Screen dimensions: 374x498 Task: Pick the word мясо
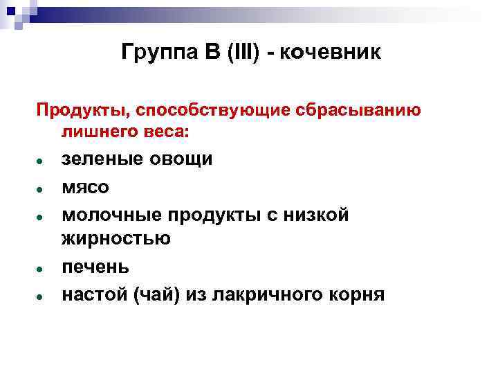[85, 187]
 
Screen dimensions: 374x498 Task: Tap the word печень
[95, 267]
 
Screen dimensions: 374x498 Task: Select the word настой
[93, 294]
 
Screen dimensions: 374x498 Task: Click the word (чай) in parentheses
[156, 294]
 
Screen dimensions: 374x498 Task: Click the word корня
[358, 294]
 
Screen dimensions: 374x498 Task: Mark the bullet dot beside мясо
[41, 188]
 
